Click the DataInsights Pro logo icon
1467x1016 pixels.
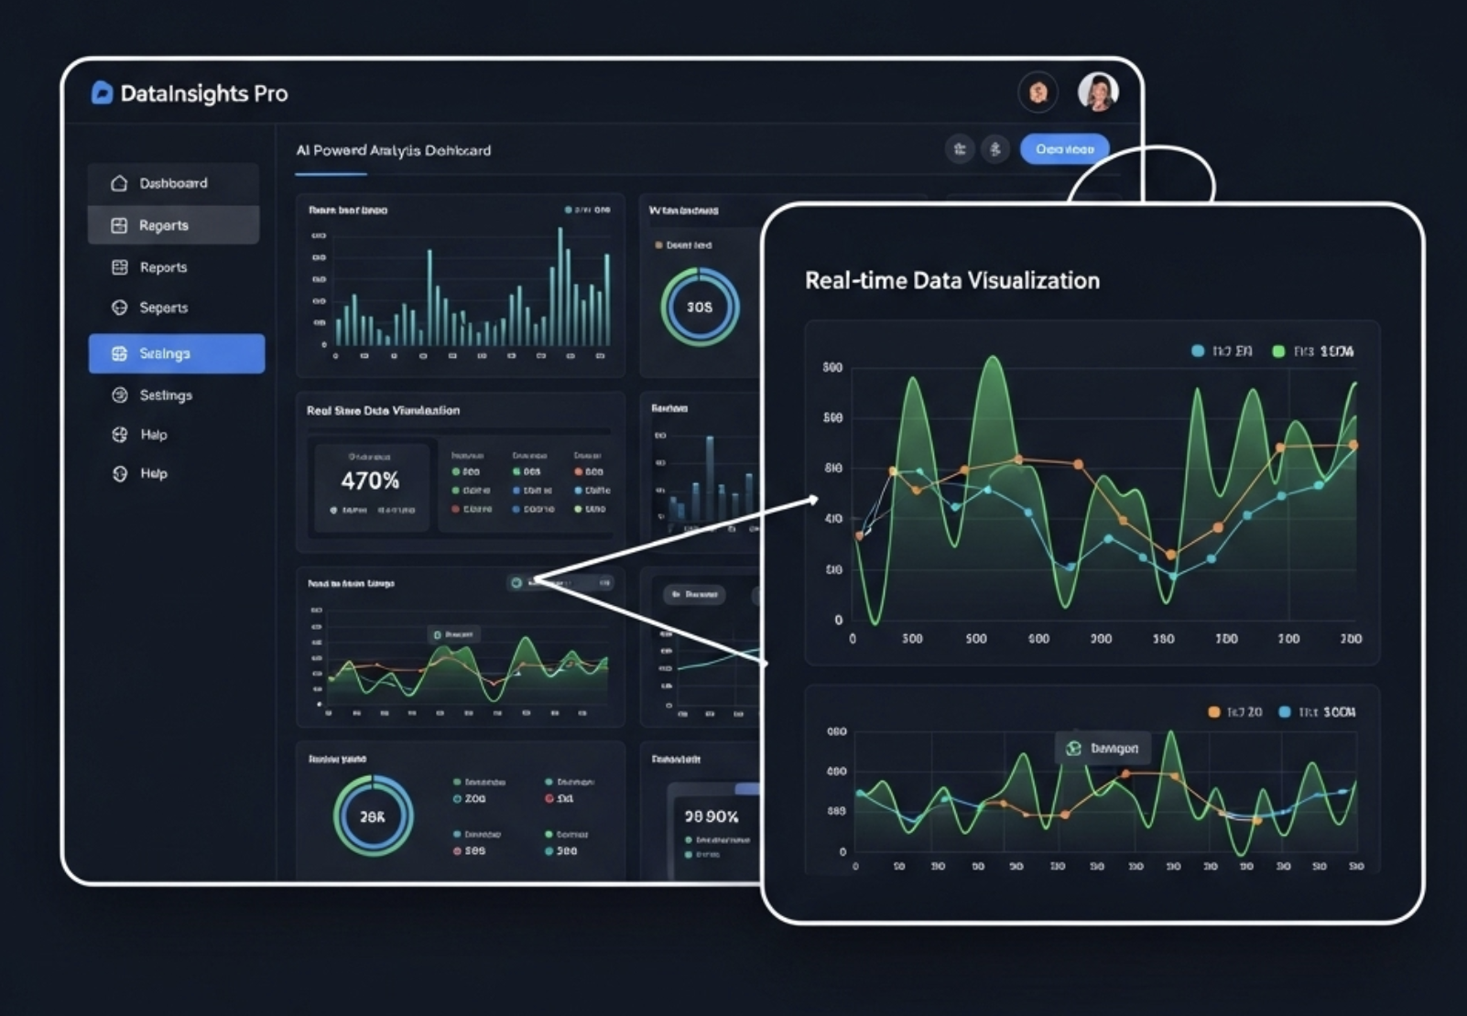(102, 92)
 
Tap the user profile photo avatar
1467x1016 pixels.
(1098, 92)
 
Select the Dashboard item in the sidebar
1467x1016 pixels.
(173, 183)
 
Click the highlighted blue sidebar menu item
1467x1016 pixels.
(176, 353)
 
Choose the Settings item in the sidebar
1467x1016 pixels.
(166, 395)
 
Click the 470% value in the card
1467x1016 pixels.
(370, 481)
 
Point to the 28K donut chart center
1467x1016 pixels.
(373, 816)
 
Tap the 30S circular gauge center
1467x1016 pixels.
(700, 308)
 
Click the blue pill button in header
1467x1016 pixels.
(1064, 149)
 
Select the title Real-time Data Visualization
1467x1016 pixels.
(951, 281)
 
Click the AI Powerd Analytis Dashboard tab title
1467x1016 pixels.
(393, 150)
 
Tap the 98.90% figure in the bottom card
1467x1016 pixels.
(711, 816)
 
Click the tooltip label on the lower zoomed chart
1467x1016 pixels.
(1103, 749)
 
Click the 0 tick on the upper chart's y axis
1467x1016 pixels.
(838, 620)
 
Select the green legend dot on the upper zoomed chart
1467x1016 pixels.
(1278, 351)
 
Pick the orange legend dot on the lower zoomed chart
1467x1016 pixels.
(1213, 712)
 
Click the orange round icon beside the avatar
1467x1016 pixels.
(1038, 92)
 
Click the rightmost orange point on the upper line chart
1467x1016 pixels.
(1353, 446)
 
